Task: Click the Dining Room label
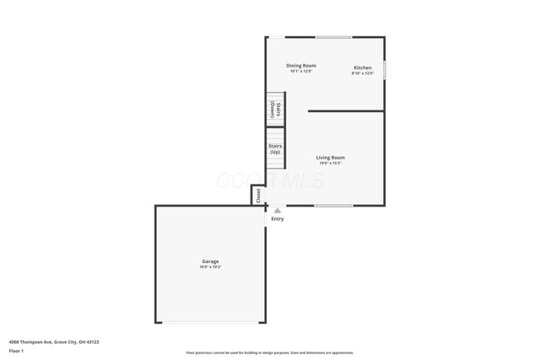click(x=301, y=66)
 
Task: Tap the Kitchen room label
click(x=363, y=67)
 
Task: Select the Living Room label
click(x=331, y=158)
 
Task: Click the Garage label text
click(x=210, y=261)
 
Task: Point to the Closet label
click(x=258, y=196)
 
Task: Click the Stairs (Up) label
click(x=275, y=149)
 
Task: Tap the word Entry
click(x=278, y=219)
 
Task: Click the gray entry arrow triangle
click(x=278, y=211)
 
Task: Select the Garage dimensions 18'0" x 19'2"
click(x=210, y=267)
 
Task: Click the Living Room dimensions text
click(x=331, y=163)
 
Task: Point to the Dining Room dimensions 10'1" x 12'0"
click(x=301, y=72)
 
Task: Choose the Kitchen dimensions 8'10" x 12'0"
click(x=363, y=73)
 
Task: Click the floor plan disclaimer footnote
click(x=270, y=353)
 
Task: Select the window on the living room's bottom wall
click(x=333, y=206)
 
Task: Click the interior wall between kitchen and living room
click(x=346, y=110)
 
